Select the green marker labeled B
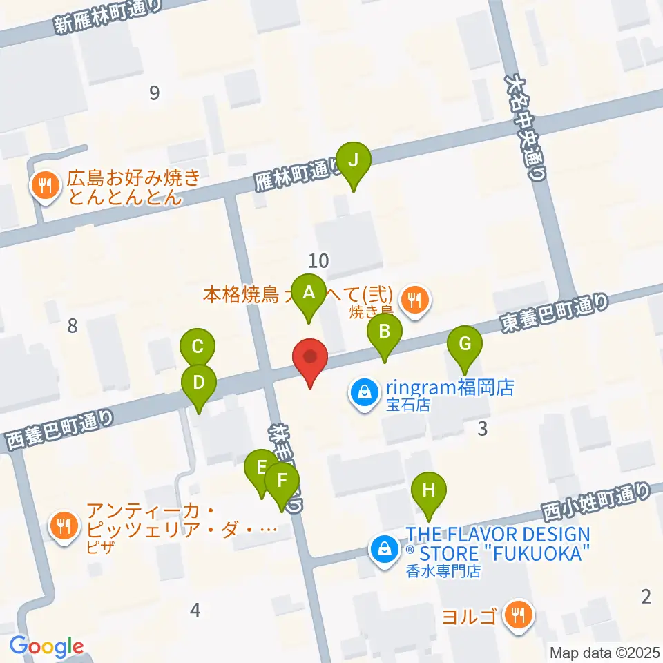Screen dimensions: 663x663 pyautogui.click(x=385, y=334)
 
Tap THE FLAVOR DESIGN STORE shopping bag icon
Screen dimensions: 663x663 pyautogui.click(x=382, y=550)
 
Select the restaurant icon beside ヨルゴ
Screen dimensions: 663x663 pyautogui.click(x=518, y=613)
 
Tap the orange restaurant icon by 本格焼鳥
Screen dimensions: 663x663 pyautogui.click(x=415, y=299)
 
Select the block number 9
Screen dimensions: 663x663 pyautogui.click(x=154, y=93)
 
